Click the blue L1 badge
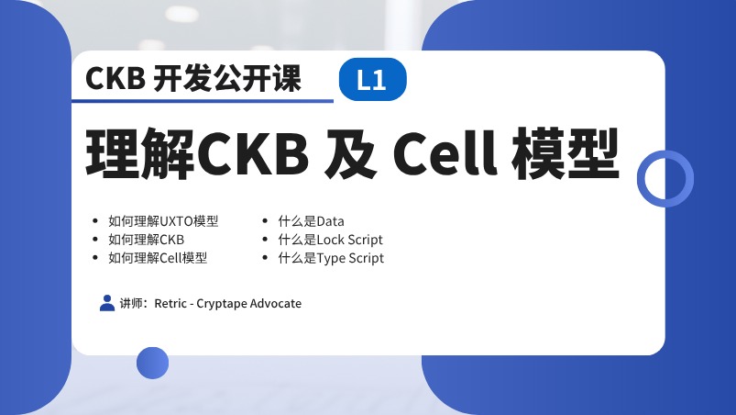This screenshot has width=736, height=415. click(373, 80)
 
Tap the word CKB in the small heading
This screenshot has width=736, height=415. click(115, 78)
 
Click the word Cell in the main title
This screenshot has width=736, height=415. click(445, 153)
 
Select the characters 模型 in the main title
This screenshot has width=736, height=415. click(566, 153)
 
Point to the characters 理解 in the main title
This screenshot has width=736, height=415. click(140, 153)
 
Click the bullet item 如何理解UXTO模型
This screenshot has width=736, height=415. click(163, 221)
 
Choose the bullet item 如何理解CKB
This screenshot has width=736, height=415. click(146, 240)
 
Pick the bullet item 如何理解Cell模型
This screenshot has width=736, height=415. click(158, 258)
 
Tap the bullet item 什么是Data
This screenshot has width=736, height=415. click(311, 221)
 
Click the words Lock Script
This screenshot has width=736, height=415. click(350, 240)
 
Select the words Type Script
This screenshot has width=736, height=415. click(350, 258)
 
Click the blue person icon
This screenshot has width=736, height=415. click(107, 303)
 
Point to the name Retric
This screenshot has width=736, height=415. click(170, 303)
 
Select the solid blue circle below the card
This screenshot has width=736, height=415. click(152, 363)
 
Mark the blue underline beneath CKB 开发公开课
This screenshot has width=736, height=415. click(203, 101)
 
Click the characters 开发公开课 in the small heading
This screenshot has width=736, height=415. click(227, 78)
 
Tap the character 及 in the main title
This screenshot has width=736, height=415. click(351, 153)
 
